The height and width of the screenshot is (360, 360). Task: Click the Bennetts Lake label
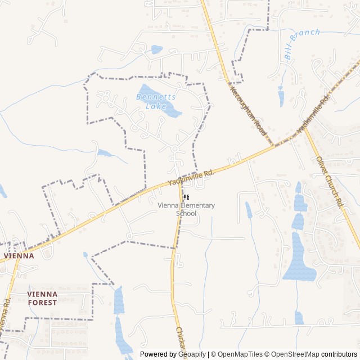coord(156,101)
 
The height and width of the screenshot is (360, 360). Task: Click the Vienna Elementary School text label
coord(187,209)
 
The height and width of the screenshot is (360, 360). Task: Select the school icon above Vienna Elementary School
coord(187,197)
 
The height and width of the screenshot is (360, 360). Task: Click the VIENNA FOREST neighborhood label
coord(42,298)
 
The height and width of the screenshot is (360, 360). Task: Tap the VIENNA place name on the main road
coord(19,255)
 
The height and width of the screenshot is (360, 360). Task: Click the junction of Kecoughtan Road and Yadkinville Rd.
coord(274,145)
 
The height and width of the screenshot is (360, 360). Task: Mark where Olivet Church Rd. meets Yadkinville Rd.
coord(304,128)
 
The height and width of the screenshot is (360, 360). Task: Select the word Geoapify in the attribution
coord(192,354)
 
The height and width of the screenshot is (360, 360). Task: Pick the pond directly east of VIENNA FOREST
coord(118,300)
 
